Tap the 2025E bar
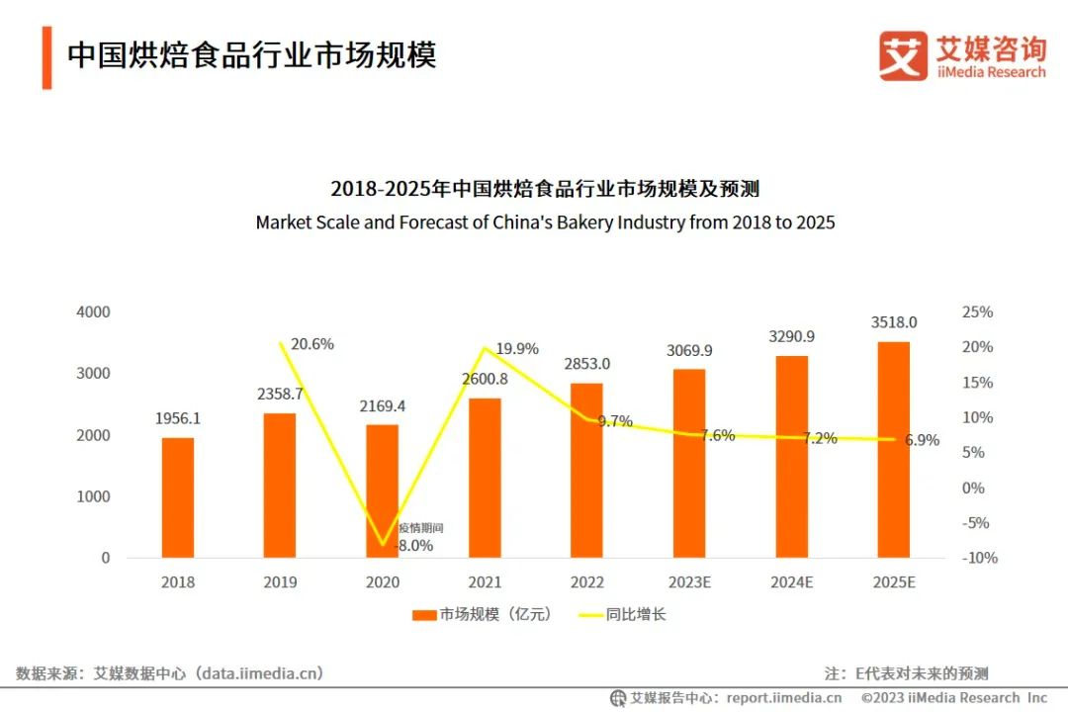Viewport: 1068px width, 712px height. tap(893, 450)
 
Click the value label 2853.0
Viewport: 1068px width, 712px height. tap(586, 363)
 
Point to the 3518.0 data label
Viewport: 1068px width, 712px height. tap(893, 322)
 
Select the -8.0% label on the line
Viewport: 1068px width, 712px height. tap(414, 545)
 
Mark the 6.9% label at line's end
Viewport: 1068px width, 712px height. tap(922, 440)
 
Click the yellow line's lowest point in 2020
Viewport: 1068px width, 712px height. tap(382, 544)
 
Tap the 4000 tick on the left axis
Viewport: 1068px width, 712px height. tap(93, 311)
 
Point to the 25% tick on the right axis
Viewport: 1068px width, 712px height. tap(977, 311)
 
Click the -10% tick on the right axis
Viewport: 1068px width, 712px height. tap(979, 558)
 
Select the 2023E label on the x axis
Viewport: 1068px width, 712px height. tap(688, 582)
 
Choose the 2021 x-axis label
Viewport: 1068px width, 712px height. tap(485, 582)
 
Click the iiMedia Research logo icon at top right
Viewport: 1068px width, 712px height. tap(903, 56)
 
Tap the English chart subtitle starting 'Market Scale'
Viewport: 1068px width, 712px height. tap(545, 222)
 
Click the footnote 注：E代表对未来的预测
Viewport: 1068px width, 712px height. tap(906, 673)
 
